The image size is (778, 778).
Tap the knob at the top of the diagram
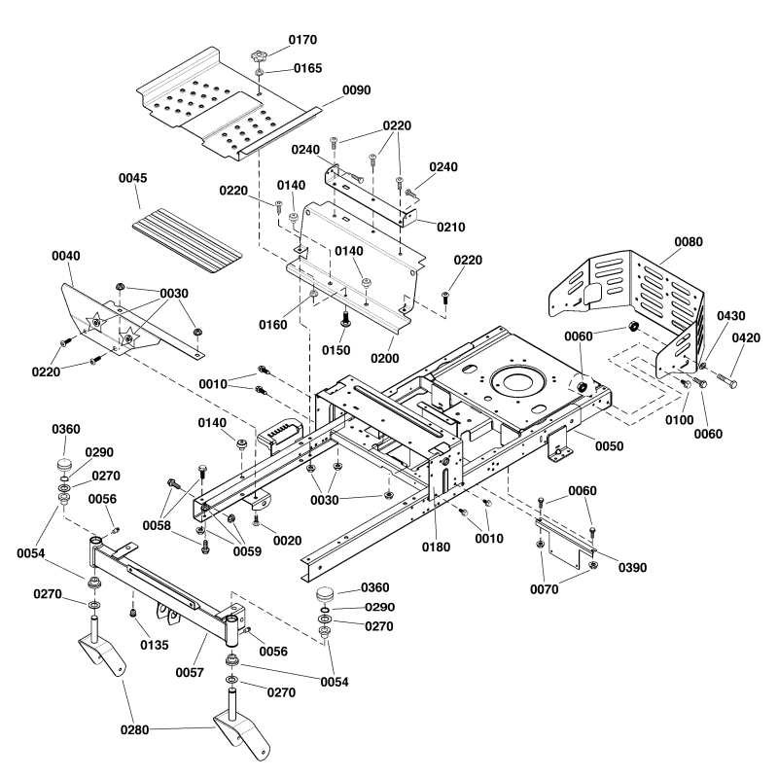click(x=258, y=54)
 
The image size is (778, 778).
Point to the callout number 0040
click(x=67, y=255)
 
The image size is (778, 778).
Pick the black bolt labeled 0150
click(x=344, y=318)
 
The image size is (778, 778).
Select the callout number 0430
click(x=732, y=317)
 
